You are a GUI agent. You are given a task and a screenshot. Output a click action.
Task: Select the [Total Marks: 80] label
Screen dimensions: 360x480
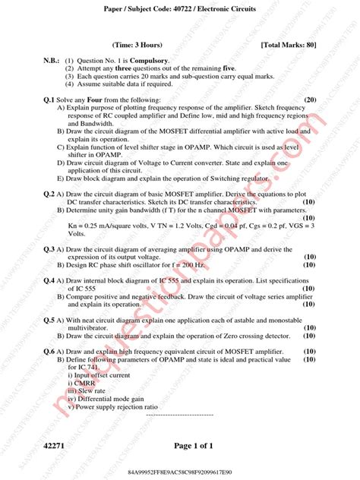(x=288, y=45)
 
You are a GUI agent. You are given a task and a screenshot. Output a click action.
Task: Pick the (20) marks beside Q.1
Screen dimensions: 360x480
(x=310, y=99)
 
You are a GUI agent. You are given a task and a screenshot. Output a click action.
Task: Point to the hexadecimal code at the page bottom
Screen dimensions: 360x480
(x=179, y=472)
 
